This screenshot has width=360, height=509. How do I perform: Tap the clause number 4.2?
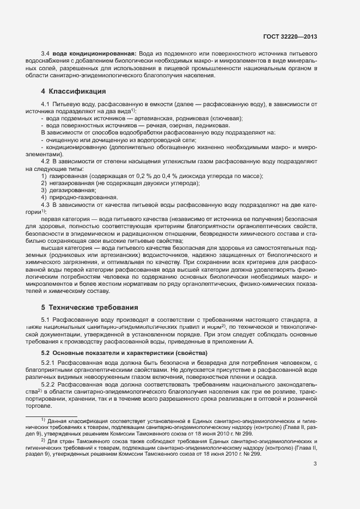pos(46,161)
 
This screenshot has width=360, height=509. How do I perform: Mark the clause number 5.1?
pos(46,319)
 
